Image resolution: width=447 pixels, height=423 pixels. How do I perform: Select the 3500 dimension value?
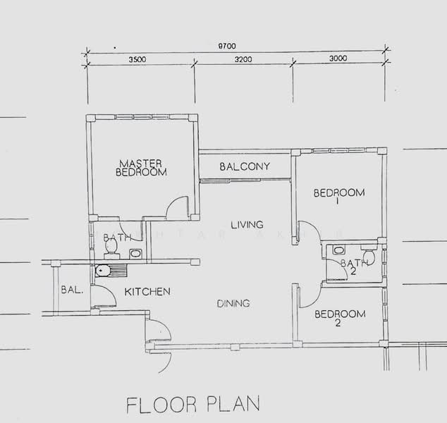(137, 60)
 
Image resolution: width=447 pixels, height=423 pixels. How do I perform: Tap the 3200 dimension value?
(243, 60)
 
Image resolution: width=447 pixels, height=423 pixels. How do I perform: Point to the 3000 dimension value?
(338, 60)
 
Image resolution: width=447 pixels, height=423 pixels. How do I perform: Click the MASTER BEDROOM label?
(141, 166)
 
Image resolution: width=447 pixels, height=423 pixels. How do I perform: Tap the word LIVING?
(247, 225)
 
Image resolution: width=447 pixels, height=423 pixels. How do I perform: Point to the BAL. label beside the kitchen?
(71, 290)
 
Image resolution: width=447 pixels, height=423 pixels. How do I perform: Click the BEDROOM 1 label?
(338, 197)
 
